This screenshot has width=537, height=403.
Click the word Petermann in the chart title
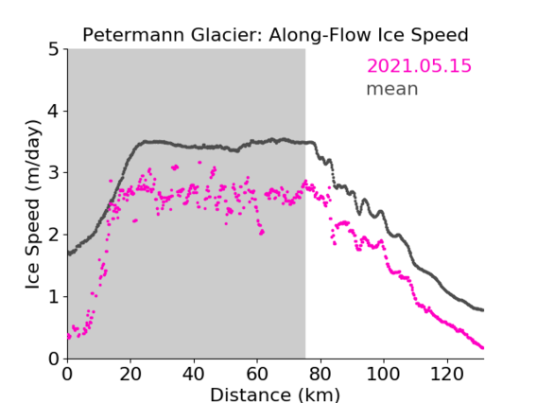click(134, 35)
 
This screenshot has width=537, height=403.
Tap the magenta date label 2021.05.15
click(419, 66)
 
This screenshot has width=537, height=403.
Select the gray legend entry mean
click(392, 89)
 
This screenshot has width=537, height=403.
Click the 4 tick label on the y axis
click(54, 111)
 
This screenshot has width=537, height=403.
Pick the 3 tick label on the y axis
click(54, 173)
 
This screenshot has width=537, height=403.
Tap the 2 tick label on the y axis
click(54, 235)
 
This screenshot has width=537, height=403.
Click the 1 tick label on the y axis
click(54, 297)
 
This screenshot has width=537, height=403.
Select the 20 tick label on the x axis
click(130, 374)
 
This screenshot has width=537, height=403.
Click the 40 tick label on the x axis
click(194, 374)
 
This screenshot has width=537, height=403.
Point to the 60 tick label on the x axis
click(257, 374)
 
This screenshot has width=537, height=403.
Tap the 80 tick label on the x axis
click(320, 374)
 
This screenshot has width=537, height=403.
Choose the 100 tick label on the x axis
click(384, 374)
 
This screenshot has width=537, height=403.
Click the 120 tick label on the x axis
click(447, 374)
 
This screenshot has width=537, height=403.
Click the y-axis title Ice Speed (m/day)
click(33, 204)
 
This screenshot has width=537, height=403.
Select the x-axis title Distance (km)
click(275, 394)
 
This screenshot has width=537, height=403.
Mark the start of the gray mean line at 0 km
click(69, 254)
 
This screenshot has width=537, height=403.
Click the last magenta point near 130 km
click(482, 348)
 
